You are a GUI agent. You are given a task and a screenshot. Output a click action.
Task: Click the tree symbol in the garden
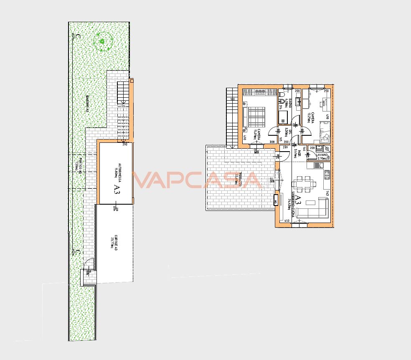point(102,42)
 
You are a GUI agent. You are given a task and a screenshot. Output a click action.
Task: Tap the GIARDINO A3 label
point(87,104)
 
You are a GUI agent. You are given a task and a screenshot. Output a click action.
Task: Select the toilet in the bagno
point(282,100)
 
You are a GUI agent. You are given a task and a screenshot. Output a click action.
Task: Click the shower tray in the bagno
point(284,117)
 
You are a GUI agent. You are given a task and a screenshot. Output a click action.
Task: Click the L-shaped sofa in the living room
point(317,209)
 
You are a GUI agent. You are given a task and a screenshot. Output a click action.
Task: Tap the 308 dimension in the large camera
point(272,142)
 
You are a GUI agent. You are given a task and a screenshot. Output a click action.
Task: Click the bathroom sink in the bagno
point(299,101)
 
